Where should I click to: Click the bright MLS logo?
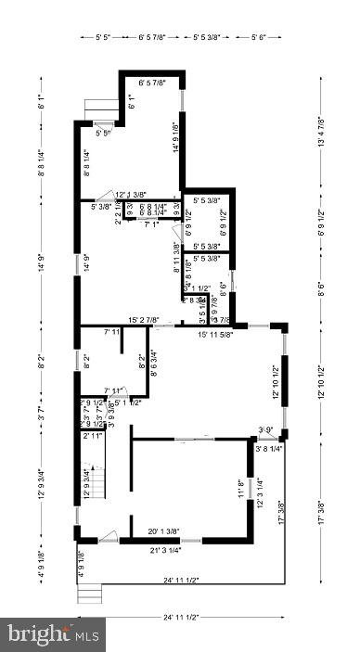coord(53,634)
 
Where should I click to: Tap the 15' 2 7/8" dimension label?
coord(152,320)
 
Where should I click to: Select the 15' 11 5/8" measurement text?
coord(216,334)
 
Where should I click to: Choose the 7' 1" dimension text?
coord(150,224)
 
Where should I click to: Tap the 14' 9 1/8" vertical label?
coord(174,138)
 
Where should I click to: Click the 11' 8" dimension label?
coord(241,489)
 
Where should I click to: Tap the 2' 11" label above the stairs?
coord(92,435)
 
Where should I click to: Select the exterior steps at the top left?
coord(99,109)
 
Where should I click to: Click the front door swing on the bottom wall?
coord(108,534)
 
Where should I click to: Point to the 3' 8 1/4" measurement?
coord(270,448)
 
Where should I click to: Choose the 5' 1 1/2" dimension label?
coord(127,403)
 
